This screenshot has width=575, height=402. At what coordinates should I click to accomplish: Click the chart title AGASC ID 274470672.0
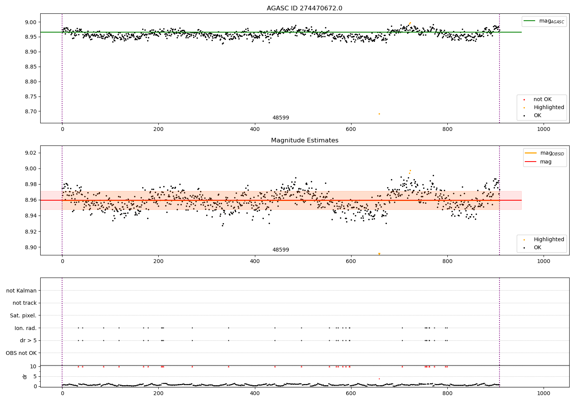tap(304, 8)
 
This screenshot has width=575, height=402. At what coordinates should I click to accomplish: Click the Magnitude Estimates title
tap(304, 141)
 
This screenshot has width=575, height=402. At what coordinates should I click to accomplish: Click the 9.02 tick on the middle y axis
tap(30, 153)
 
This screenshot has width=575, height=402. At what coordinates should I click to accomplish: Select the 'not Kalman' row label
tap(21, 291)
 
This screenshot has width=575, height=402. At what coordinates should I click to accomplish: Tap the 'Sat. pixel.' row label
tap(23, 315)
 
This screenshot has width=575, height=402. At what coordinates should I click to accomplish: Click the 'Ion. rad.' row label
tap(25, 328)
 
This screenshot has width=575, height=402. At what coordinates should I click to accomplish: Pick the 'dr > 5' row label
tap(28, 340)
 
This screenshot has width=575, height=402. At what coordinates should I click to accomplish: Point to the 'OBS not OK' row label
tap(21, 353)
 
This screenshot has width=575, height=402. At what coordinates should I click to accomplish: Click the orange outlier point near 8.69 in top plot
tap(379, 114)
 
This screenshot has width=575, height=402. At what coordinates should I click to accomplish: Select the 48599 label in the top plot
tap(281, 118)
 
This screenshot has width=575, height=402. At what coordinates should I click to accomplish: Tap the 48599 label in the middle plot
tap(281, 250)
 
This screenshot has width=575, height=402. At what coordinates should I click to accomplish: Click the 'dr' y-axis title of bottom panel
tap(25, 376)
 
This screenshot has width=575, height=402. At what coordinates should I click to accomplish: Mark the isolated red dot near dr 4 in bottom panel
tap(379, 379)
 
